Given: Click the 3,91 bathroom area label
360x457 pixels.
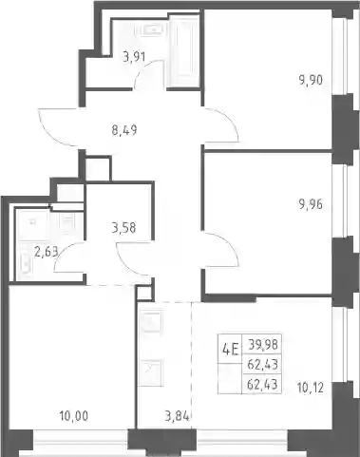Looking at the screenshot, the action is pyautogui.click(x=134, y=57).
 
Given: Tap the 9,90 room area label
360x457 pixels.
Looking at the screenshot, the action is pyautogui.click(x=311, y=80).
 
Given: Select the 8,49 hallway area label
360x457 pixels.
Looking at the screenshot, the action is pyautogui.click(x=124, y=130).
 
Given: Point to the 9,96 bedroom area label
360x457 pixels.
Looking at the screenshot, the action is pyautogui.click(x=311, y=204).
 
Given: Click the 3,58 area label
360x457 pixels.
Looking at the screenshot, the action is pyautogui.click(x=123, y=227).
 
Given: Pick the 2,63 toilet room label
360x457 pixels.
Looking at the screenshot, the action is pyautogui.click(x=46, y=253).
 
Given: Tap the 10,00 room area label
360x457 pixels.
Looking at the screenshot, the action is pyautogui.click(x=74, y=415).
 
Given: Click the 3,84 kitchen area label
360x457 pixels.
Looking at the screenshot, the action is pyautogui.click(x=178, y=416).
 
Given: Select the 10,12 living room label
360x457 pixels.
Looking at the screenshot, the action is pyautogui.click(x=311, y=388).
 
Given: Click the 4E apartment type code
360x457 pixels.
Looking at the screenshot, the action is pyautogui.click(x=230, y=350).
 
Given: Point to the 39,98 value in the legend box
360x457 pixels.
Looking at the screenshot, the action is pyautogui.click(x=263, y=344).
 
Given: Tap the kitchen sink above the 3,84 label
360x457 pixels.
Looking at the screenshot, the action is pyautogui.click(x=152, y=322).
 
